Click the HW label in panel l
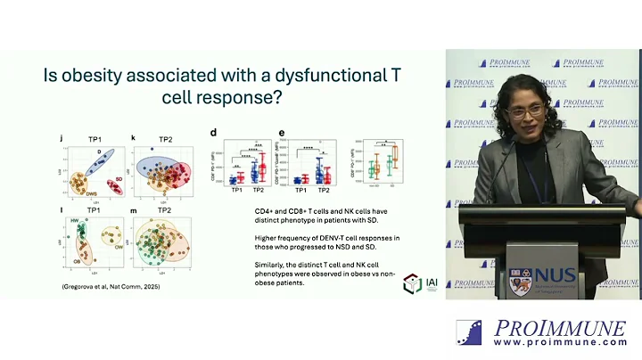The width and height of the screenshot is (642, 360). [74, 220]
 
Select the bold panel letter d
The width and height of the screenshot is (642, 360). [213, 133]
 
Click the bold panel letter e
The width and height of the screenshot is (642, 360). [282, 133]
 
